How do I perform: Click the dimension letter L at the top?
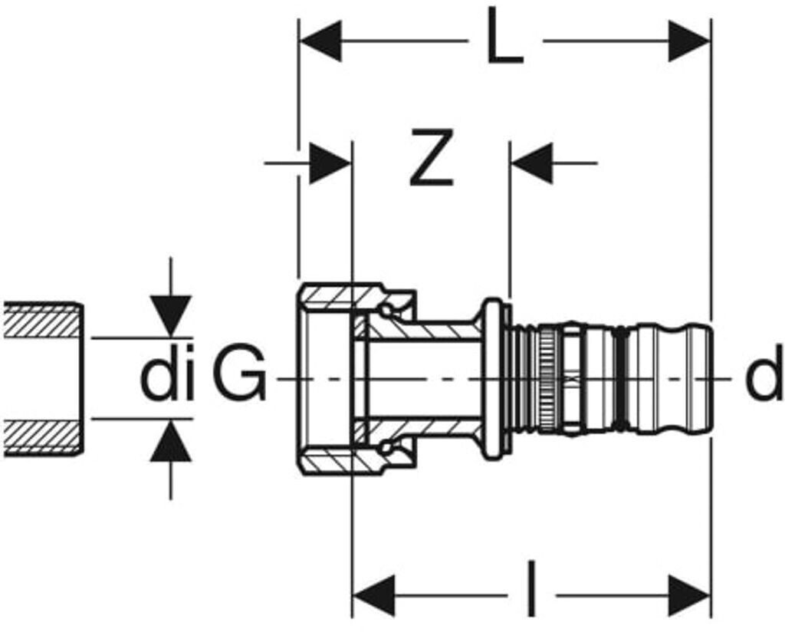coord(504,42)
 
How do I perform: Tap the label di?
coord(166,377)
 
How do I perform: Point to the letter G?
coord(239,377)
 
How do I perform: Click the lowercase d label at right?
coord(764,377)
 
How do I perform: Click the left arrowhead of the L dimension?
coord(320,41)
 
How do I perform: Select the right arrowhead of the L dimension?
coord(689,41)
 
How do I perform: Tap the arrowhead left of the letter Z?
coord(330,163)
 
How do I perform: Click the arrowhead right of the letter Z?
coord(532,163)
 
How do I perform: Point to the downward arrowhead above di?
coord(170,314)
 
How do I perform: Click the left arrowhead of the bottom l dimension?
coord(373,594)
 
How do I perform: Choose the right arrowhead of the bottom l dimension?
coord(689,594)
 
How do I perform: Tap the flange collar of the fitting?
coord(494,377)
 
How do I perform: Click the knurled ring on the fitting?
coord(549,377)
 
